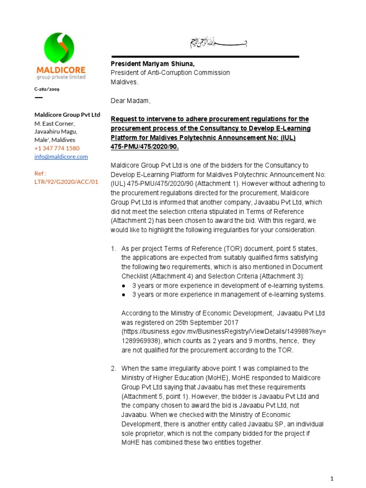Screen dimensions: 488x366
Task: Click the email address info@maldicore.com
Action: coord(61,156)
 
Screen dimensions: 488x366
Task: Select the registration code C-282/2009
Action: coord(47,89)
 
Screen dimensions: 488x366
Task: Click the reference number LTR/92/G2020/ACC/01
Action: coord(66,182)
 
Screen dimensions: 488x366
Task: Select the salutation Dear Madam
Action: coord(131,101)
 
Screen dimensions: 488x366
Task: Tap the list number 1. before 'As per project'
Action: coord(113,249)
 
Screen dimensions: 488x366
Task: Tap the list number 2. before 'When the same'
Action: coord(113,368)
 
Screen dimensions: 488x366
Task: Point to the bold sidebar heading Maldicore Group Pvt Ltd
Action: coord(67,115)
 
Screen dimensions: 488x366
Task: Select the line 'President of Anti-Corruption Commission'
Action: coord(170,73)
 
